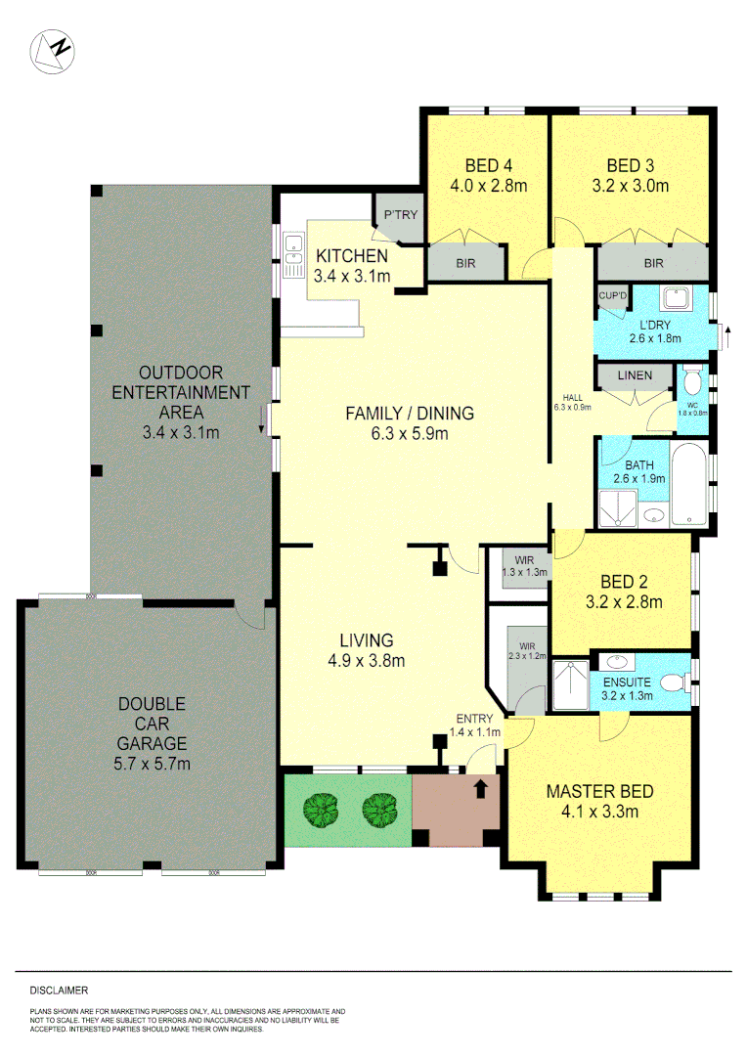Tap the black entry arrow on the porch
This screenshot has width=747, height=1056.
click(481, 788)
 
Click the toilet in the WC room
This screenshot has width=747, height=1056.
click(692, 381)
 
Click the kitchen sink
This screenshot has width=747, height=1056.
click(292, 257)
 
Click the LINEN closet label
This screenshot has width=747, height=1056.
click(636, 375)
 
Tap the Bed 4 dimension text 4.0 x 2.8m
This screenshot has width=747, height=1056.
click(487, 185)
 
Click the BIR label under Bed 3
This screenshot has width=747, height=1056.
click(653, 263)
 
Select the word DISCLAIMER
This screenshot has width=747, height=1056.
click(59, 990)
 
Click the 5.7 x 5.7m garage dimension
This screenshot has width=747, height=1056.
click(154, 763)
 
